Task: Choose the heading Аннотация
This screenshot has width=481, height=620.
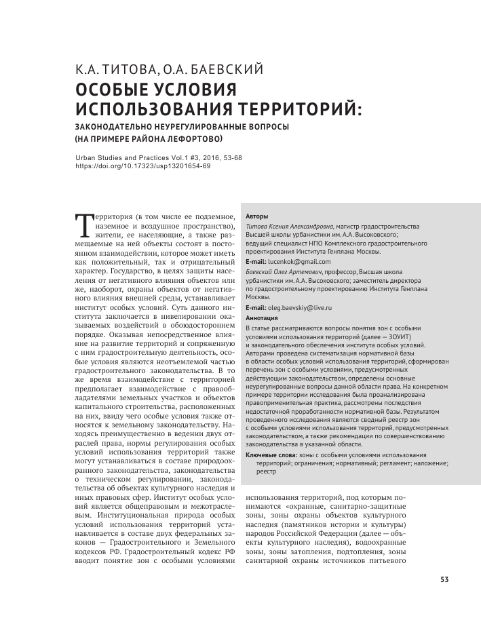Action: click(x=261, y=317)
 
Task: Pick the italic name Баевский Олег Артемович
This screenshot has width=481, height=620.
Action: click(x=289, y=271)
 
